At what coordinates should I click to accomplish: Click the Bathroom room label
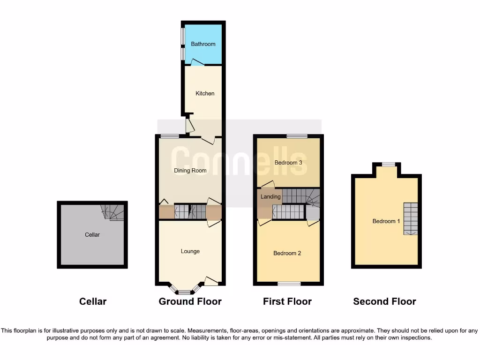[x=203, y=44]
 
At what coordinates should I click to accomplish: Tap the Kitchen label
[x=205, y=93]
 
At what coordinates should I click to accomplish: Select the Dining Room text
[x=190, y=171]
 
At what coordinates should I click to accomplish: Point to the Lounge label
[x=190, y=251]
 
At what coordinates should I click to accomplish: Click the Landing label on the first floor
[x=270, y=197]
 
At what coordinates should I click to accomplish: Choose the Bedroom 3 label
[x=288, y=163]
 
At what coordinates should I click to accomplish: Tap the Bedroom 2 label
[x=287, y=253]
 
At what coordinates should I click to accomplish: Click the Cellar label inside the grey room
[x=92, y=234]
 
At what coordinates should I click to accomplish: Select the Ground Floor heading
[x=190, y=301]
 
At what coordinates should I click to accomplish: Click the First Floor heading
[x=287, y=301]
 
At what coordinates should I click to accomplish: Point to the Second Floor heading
[x=384, y=301]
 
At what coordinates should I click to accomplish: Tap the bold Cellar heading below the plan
[x=93, y=301]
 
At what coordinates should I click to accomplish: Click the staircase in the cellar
[x=112, y=212]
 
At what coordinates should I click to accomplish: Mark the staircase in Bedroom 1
[x=411, y=218]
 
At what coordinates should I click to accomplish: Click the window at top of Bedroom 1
[x=388, y=164]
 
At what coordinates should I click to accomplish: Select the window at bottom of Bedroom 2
[x=289, y=283]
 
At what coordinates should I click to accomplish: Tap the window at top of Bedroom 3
[x=297, y=136]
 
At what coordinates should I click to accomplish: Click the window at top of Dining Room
[x=170, y=136]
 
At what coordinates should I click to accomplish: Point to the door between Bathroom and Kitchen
[x=197, y=65]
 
